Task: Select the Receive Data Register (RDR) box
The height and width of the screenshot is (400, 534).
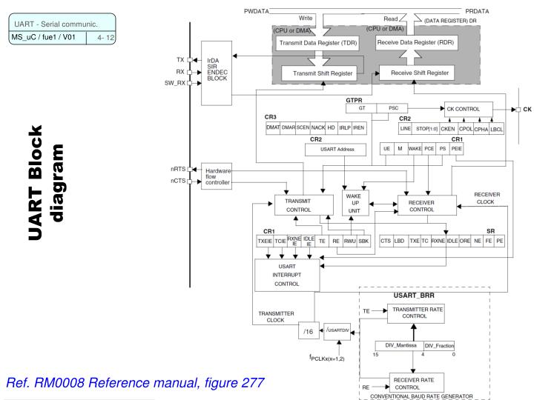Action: pos(415,44)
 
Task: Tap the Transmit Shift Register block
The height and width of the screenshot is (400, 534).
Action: pos(323,74)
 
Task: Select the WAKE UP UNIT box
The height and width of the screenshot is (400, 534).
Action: pos(355,203)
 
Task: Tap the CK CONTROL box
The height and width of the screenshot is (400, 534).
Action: pos(468,109)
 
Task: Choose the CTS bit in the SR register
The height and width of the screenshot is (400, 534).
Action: pos(386,240)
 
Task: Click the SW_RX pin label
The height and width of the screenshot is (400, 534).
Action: pos(176,83)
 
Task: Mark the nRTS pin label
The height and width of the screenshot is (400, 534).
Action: pos(178,170)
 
